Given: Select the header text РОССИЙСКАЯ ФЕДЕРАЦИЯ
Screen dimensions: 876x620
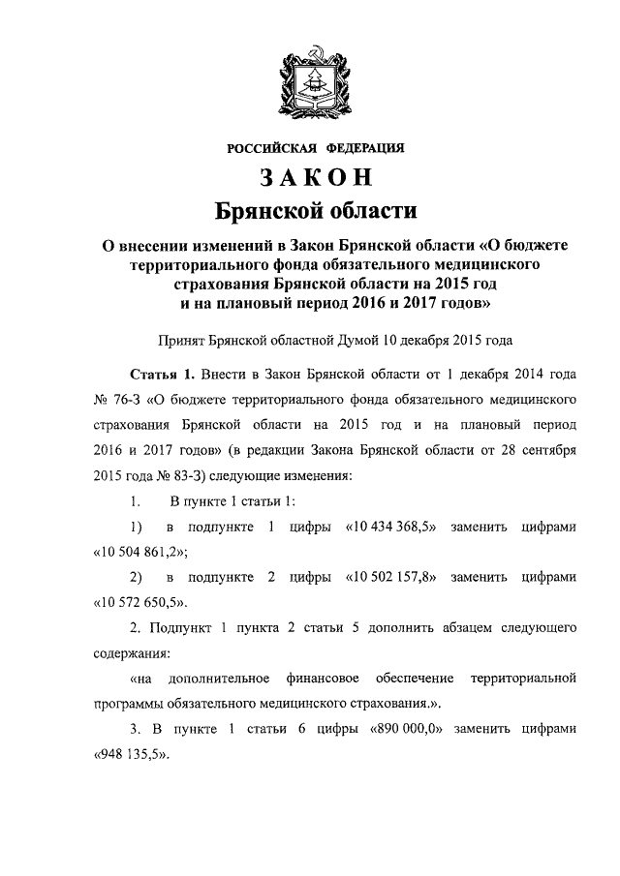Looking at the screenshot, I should point(315,148).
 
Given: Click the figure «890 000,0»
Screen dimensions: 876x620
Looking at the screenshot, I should point(405,727).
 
